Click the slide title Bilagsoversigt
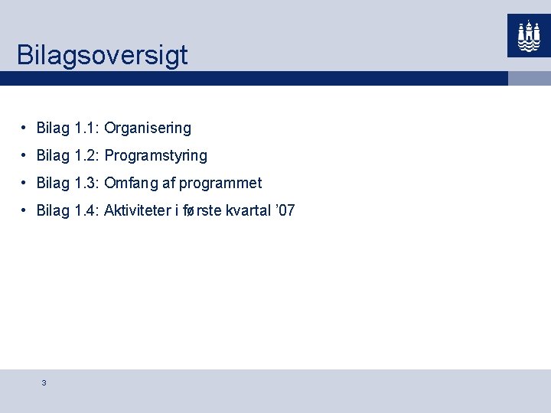[x=102, y=55]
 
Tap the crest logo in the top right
[x=529, y=35]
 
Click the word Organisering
[x=148, y=128]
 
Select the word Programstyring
[x=155, y=156]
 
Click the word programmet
[x=220, y=183]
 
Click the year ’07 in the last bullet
[x=285, y=210]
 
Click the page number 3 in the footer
[x=44, y=382]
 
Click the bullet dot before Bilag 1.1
[x=25, y=128]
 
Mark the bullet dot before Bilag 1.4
[x=25, y=210]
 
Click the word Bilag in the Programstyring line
[x=53, y=156]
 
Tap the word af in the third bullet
[x=168, y=183]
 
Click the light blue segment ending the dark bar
[x=530, y=78]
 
